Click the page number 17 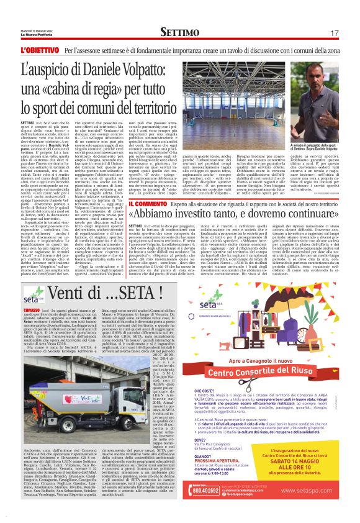335,32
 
